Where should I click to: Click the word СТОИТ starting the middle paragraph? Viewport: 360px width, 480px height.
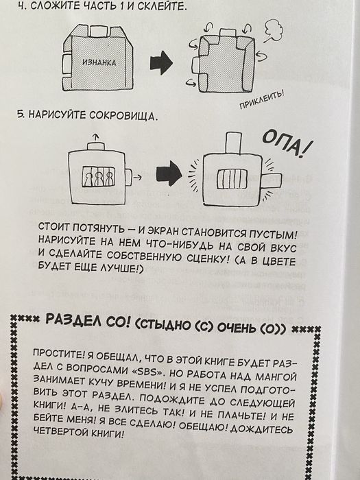(56, 227)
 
